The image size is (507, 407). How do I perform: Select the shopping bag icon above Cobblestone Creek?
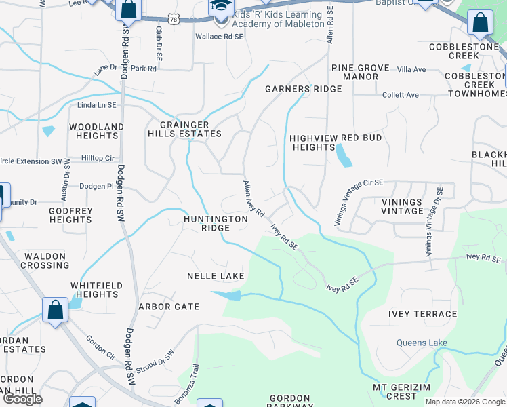tap(480, 22)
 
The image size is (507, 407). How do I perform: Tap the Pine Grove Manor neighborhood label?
tap(360, 73)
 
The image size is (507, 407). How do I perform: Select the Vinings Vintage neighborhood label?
tap(401, 206)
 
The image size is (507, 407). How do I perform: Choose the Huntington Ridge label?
tap(216, 224)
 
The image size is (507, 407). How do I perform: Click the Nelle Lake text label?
tap(216, 276)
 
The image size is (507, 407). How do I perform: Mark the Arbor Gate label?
tap(169, 307)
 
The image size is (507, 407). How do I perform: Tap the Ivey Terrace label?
tap(422, 314)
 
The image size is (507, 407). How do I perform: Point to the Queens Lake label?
tap(422, 343)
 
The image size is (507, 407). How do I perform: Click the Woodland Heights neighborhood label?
tap(97, 131)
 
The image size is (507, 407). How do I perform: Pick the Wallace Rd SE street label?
tap(219, 37)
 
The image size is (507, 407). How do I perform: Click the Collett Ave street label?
tap(401, 95)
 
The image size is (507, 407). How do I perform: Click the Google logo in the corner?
tap(22, 399)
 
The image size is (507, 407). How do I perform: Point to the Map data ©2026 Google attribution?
tap(464, 402)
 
